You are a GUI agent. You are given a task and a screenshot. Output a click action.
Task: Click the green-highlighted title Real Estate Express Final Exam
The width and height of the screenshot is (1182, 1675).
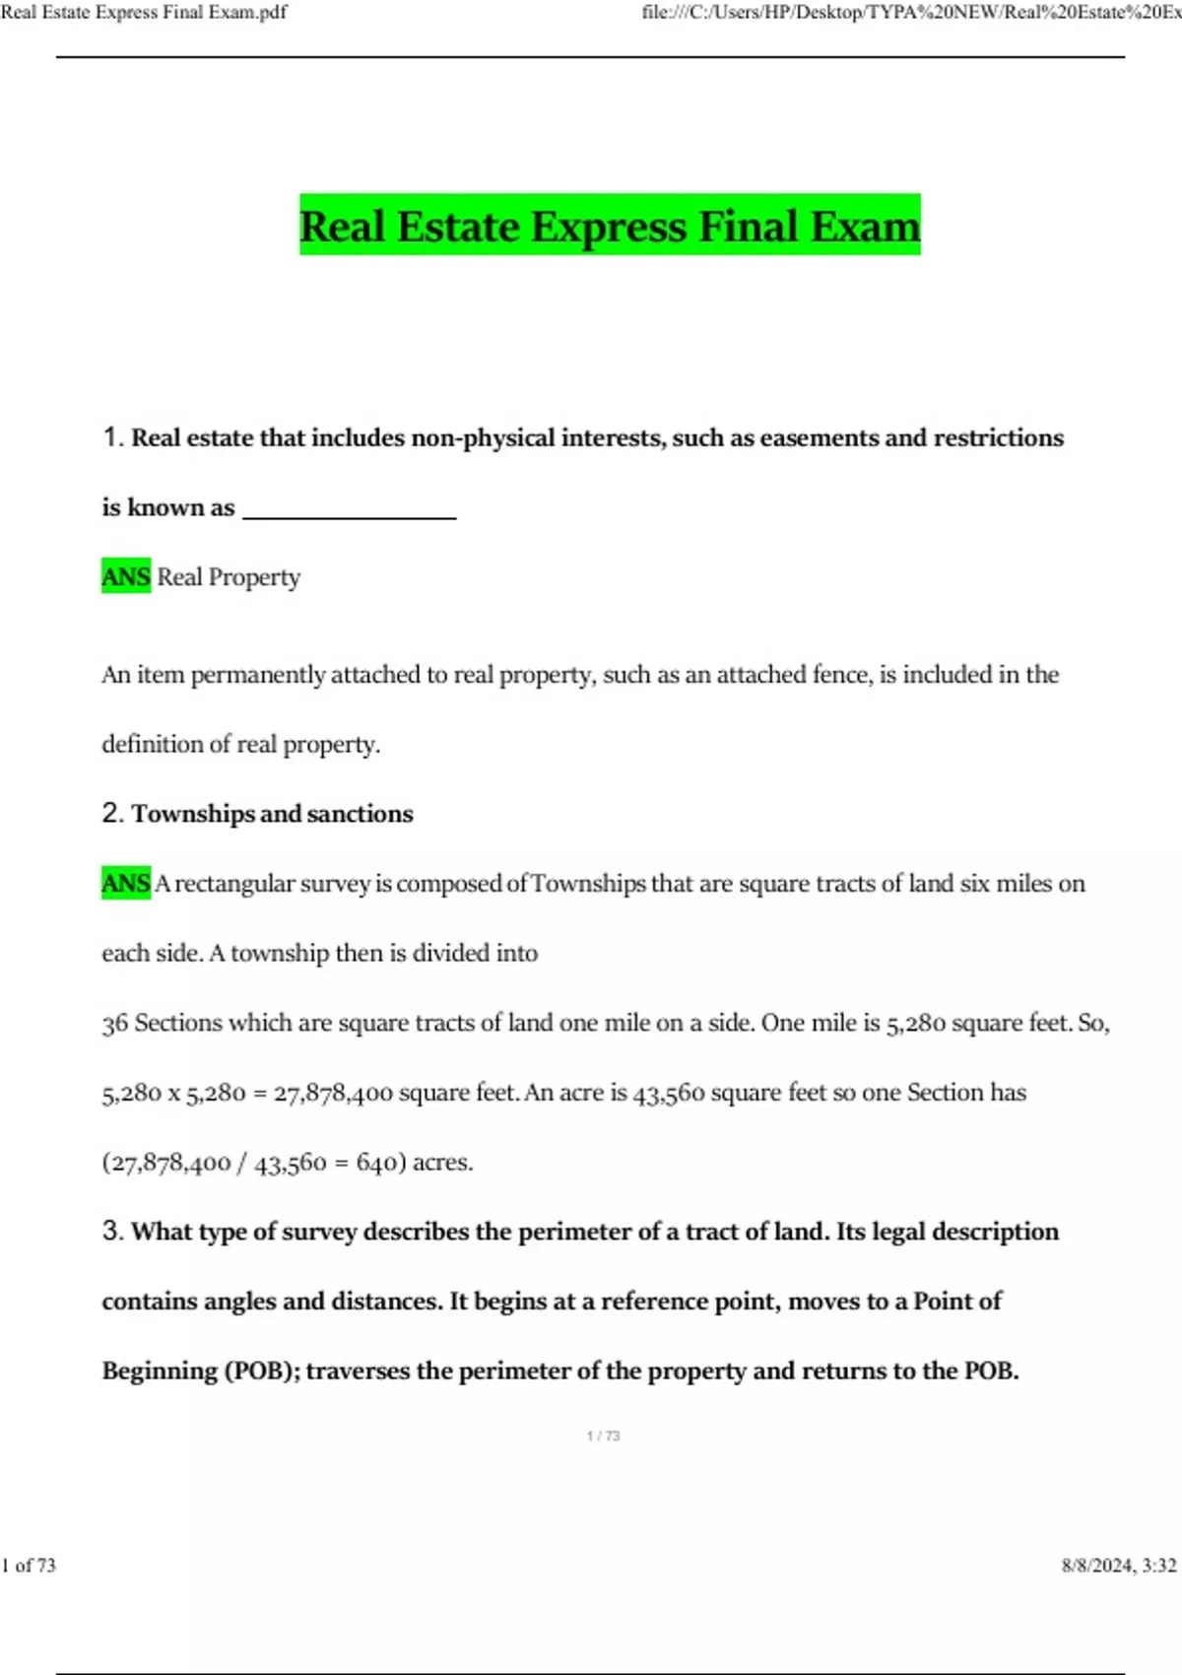tap(610, 226)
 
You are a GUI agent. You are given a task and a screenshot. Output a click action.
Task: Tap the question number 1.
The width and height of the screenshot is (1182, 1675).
tap(111, 437)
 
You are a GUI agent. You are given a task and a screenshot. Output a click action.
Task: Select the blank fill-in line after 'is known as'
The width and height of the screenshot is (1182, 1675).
tap(349, 510)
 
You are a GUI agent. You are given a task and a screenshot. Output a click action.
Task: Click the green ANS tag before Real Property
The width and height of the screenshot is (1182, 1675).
tap(126, 576)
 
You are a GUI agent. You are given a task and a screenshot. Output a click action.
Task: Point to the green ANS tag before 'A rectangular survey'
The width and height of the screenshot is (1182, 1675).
tap(126, 883)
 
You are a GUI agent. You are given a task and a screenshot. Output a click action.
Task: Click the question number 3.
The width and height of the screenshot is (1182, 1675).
tap(111, 1232)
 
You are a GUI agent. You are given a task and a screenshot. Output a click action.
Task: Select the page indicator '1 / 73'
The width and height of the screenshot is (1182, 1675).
tap(603, 1437)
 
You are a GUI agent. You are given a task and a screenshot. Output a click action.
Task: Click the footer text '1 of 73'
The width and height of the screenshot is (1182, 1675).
tap(30, 1566)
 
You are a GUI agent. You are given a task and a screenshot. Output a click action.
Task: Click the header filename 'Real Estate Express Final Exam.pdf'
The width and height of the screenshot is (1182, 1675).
tap(144, 13)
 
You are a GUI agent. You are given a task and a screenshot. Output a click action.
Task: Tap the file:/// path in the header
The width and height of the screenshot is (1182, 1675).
tap(911, 13)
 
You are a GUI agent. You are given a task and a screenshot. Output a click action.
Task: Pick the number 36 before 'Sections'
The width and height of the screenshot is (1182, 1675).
tap(115, 1024)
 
